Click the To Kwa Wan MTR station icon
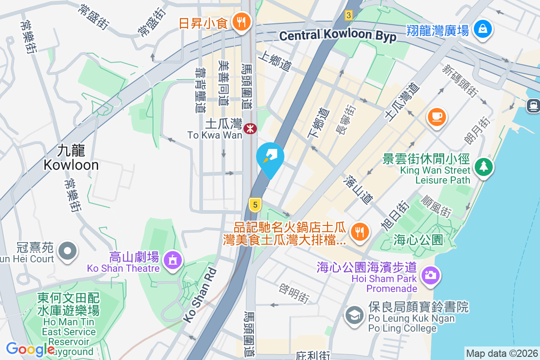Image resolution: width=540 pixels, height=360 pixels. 250,129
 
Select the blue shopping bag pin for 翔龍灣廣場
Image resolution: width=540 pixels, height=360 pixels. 482,29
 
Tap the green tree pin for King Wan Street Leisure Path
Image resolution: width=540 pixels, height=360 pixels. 484,167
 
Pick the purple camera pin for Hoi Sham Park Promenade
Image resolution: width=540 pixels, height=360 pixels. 430,274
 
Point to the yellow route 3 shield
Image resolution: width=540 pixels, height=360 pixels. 348,15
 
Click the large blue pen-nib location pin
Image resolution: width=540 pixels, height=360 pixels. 270,157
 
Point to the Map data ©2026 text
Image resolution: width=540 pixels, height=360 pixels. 501,353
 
